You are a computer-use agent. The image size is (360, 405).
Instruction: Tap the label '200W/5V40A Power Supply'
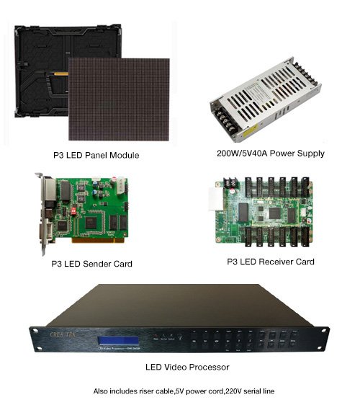[270, 153]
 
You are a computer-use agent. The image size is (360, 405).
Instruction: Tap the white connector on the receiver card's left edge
[215, 197]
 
